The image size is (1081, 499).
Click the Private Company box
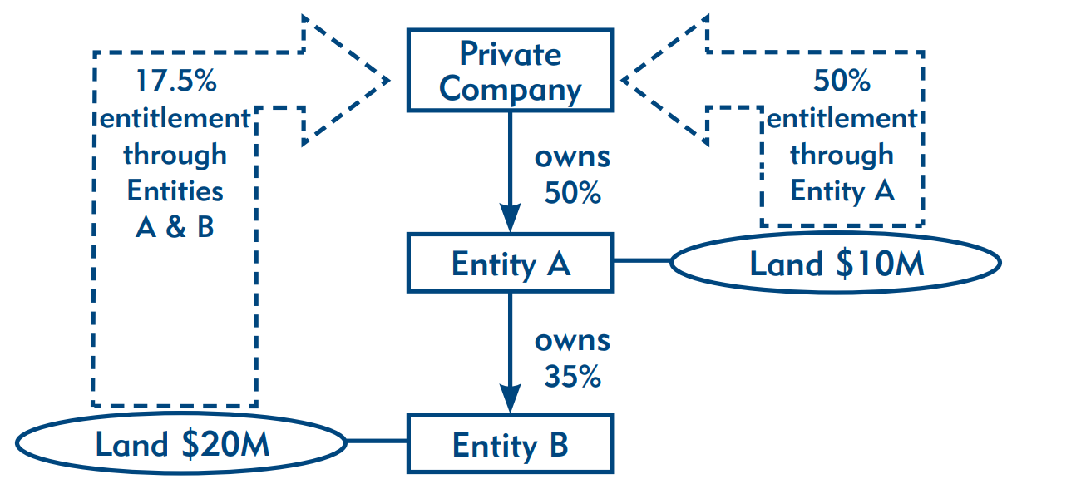[x=510, y=70]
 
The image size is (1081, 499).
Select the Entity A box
[x=510, y=264]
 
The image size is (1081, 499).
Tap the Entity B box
[x=510, y=445]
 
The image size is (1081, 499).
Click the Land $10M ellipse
[x=835, y=264]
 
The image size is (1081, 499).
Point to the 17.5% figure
[x=175, y=82]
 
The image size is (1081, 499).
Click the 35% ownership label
[x=572, y=377]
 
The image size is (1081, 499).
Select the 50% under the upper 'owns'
[x=572, y=193]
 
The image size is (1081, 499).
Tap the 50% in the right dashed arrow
[x=842, y=82]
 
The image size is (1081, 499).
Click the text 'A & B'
[x=175, y=227]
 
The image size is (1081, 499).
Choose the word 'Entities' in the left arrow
[x=175, y=191]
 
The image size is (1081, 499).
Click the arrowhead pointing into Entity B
[x=510, y=401]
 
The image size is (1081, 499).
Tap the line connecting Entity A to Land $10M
[x=641, y=261]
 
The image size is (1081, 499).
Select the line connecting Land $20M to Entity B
[x=376, y=442]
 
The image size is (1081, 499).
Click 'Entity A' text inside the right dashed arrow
[x=842, y=191]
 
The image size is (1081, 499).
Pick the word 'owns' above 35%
[x=572, y=340]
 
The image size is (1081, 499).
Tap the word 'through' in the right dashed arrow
[x=842, y=155]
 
